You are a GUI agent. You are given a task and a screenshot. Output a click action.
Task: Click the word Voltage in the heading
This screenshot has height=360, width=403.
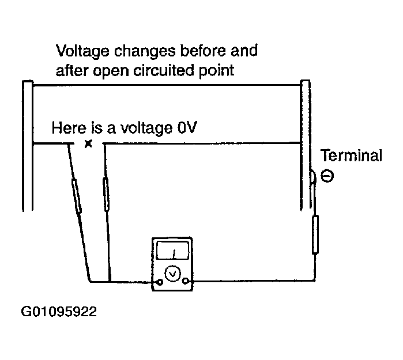click(82, 51)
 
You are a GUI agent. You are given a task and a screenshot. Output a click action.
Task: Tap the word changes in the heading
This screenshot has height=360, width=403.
click(145, 51)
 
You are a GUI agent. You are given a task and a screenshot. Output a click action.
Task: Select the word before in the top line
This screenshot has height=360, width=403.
click(203, 50)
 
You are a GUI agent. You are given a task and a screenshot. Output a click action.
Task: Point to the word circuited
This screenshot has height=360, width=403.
click(164, 70)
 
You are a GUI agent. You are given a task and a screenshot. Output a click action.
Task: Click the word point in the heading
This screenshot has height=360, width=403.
click(216, 71)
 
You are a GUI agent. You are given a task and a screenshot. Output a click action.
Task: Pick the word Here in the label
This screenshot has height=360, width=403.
click(69, 127)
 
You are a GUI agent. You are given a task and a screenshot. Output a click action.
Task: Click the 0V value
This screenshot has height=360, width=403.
click(187, 127)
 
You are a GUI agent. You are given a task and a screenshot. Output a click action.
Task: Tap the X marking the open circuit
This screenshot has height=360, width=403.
click(88, 144)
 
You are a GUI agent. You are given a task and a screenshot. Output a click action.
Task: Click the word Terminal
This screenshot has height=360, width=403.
click(351, 156)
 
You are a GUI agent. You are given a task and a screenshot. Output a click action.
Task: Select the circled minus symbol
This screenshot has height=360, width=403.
click(327, 176)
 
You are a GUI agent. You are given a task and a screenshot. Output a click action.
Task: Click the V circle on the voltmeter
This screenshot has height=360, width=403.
click(172, 273)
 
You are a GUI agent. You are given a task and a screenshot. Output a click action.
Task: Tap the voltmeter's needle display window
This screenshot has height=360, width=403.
click(173, 250)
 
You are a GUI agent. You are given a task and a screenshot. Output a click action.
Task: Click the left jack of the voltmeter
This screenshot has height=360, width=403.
click(160, 282)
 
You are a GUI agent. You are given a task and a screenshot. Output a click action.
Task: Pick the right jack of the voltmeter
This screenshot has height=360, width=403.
click(185, 281)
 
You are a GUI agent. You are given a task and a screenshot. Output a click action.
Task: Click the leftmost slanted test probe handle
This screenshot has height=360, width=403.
click(77, 196)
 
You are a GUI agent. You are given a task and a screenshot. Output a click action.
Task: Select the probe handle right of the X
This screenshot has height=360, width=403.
click(106, 194)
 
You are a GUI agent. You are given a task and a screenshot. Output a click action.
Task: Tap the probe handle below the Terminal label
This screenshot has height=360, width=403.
click(315, 234)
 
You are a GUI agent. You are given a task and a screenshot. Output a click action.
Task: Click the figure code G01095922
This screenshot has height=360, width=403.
click(59, 312)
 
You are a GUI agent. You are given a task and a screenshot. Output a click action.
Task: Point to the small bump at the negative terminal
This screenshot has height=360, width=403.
click(313, 177)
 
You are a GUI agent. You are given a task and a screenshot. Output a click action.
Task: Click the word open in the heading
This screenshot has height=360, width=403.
click(111, 71)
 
